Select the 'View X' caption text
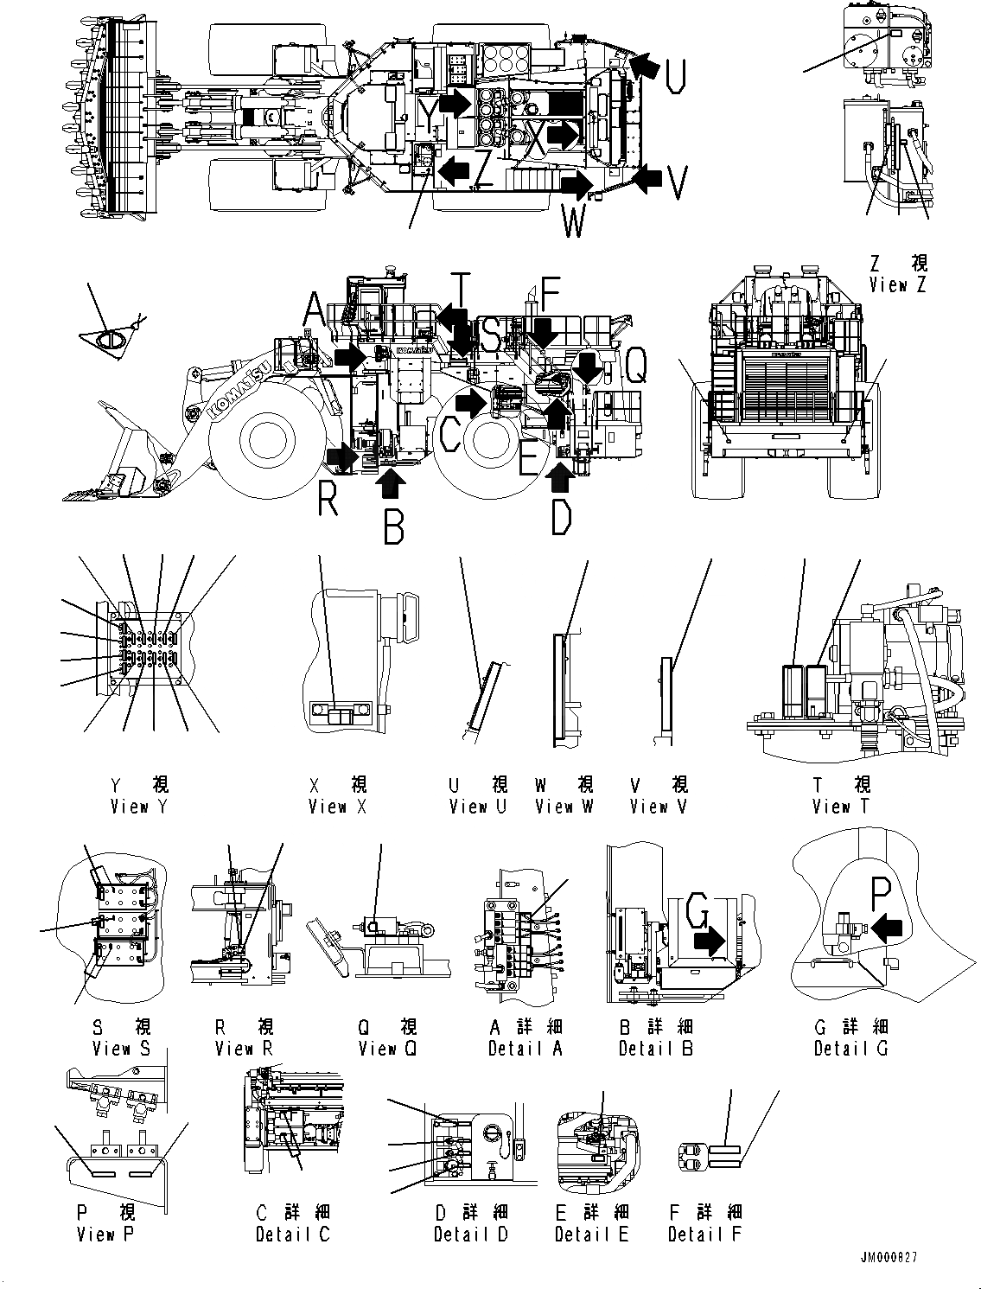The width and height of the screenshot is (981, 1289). click(338, 807)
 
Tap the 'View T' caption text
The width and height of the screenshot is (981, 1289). click(841, 807)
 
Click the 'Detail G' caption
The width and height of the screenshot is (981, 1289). click(851, 1048)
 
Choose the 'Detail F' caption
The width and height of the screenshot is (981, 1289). click(704, 1234)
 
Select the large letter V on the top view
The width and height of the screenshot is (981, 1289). click(678, 182)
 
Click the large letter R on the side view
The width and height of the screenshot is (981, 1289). click(328, 499)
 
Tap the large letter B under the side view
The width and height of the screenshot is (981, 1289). click(393, 526)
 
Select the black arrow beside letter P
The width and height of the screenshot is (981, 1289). click(888, 928)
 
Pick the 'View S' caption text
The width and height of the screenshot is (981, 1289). click(121, 1048)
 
